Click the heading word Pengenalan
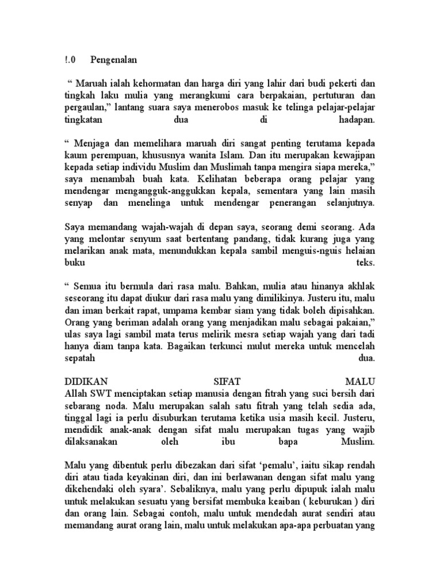[x=114, y=60]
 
